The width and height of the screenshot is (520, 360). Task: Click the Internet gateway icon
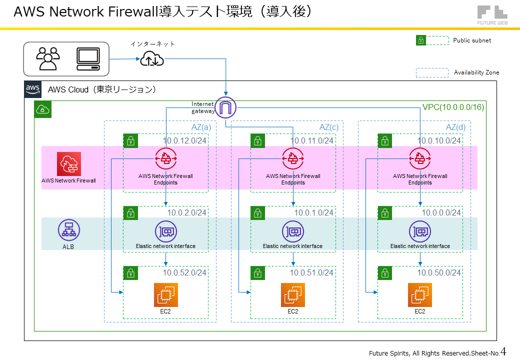(225, 107)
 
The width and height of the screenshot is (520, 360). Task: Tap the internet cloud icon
(151, 59)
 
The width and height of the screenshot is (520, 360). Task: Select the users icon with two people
(48, 58)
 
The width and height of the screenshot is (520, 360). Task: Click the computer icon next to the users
(88, 59)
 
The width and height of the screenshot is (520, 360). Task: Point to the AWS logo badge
(33, 89)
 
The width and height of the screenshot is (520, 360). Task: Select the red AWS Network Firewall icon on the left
(69, 163)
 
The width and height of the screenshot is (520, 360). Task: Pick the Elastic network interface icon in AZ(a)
(165, 231)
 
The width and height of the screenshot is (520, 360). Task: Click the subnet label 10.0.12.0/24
(184, 141)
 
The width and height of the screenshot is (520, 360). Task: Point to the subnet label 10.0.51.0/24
(311, 272)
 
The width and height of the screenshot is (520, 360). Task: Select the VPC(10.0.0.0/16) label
(453, 107)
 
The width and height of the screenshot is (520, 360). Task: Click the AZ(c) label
(328, 127)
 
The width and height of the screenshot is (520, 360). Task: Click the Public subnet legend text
(472, 40)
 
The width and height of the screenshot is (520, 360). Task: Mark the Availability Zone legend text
(476, 72)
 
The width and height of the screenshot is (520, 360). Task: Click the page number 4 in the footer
(503, 351)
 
